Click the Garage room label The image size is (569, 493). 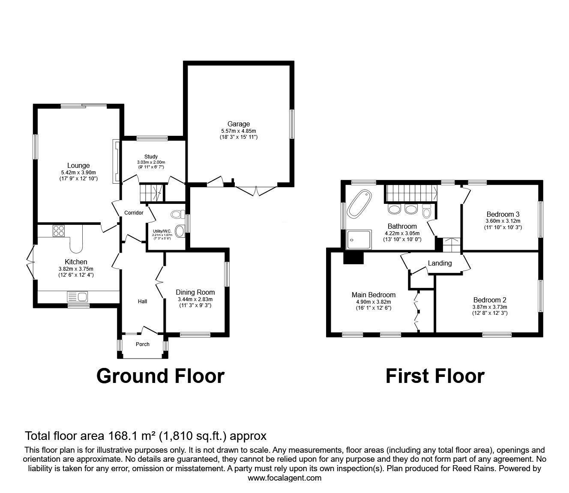pos(238,124)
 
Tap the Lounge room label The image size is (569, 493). pos(78,165)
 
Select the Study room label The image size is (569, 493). pos(151,157)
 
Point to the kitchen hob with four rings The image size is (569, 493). pos(59,231)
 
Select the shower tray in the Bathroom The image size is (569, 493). pos(359,239)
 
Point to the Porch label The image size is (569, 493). pos(143,344)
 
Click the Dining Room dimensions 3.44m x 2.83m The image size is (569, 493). pos(195,299)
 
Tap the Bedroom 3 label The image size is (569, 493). pos(503,214)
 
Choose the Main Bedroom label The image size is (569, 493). pos(374,295)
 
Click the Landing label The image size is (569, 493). pos(440,263)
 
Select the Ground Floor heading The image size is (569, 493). pos(161,376)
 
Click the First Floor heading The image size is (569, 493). pos(435,376)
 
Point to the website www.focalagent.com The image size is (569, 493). pos(284,478)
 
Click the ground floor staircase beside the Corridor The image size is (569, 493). pos(152,193)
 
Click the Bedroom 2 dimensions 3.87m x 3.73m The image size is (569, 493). pos(490,307)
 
